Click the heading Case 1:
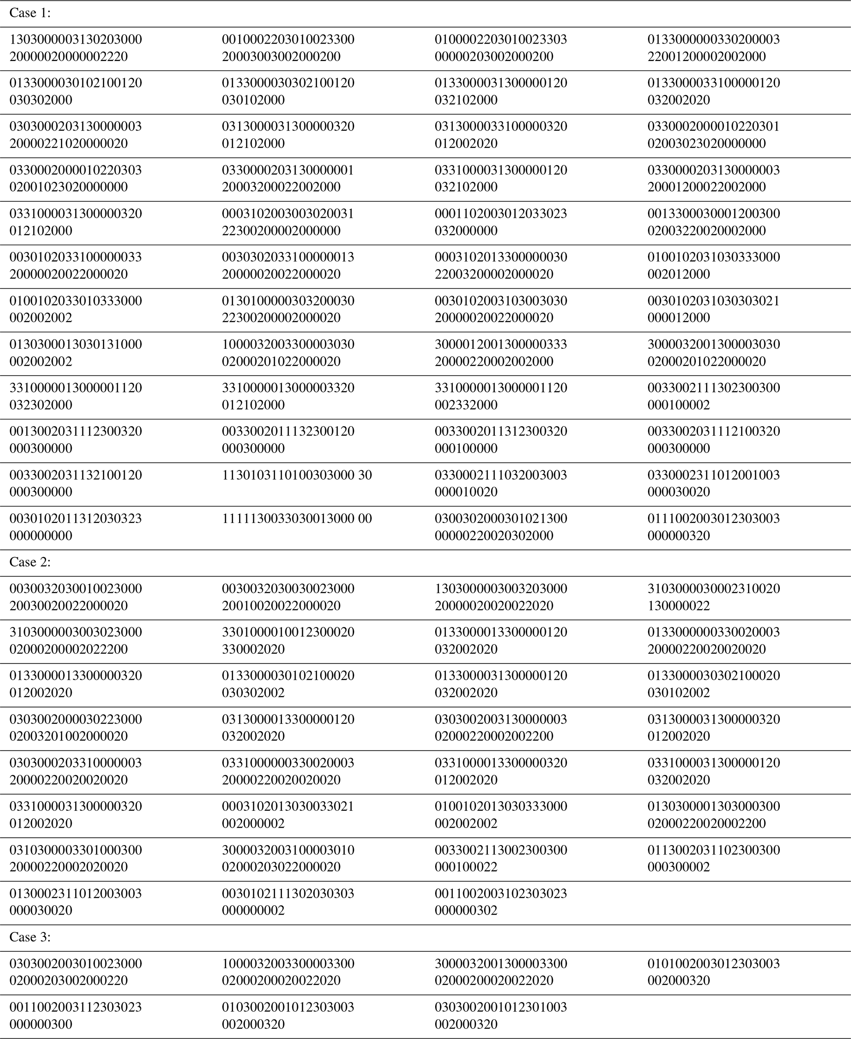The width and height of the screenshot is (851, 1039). tap(30, 13)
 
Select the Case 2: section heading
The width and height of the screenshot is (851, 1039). tap(30, 563)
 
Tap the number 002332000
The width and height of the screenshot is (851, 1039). tap(466, 405)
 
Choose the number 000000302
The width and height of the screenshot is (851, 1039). tap(466, 911)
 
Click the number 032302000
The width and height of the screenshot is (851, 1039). tap(41, 405)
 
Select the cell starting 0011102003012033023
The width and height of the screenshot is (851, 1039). tap(501, 222)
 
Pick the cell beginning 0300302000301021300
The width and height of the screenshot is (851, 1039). tap(501, 527)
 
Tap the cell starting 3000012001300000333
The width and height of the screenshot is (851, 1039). tap(501, 353)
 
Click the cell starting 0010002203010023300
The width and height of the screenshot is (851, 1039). tap(288, 48)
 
